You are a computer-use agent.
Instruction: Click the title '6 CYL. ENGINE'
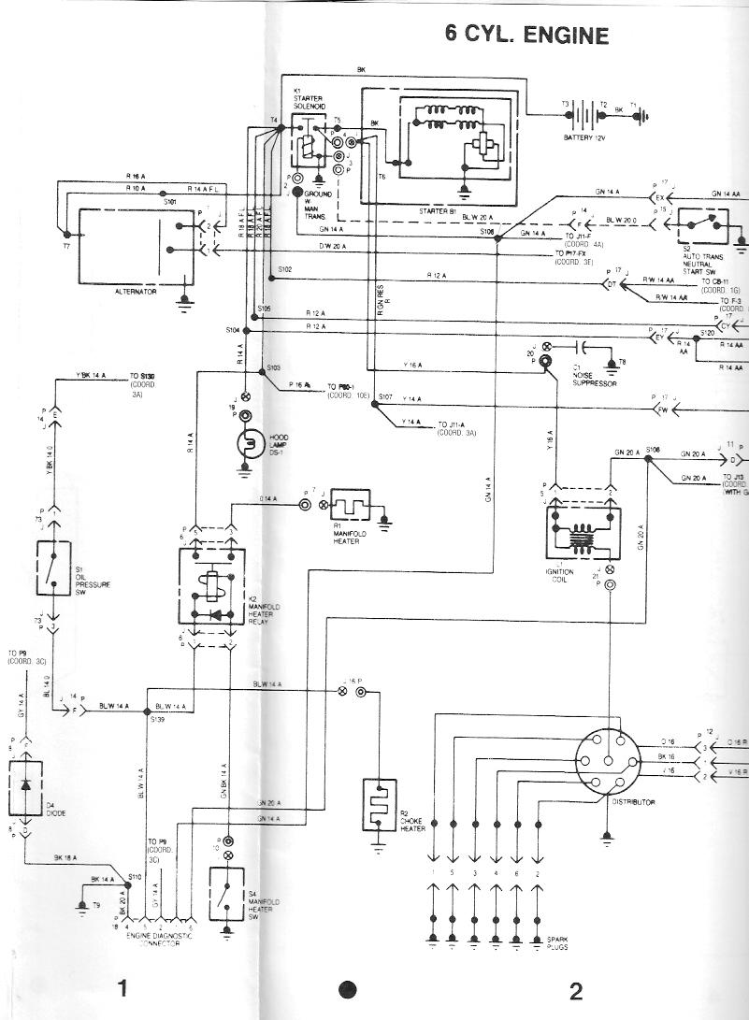(x=527, y=36)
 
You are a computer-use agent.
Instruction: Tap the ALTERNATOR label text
(x=135, y=292)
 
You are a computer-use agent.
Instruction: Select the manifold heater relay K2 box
(x=212, y=585)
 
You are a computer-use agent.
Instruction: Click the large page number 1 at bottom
(x=122, y=988)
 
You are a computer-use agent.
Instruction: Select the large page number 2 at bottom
(x=575, y=990)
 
